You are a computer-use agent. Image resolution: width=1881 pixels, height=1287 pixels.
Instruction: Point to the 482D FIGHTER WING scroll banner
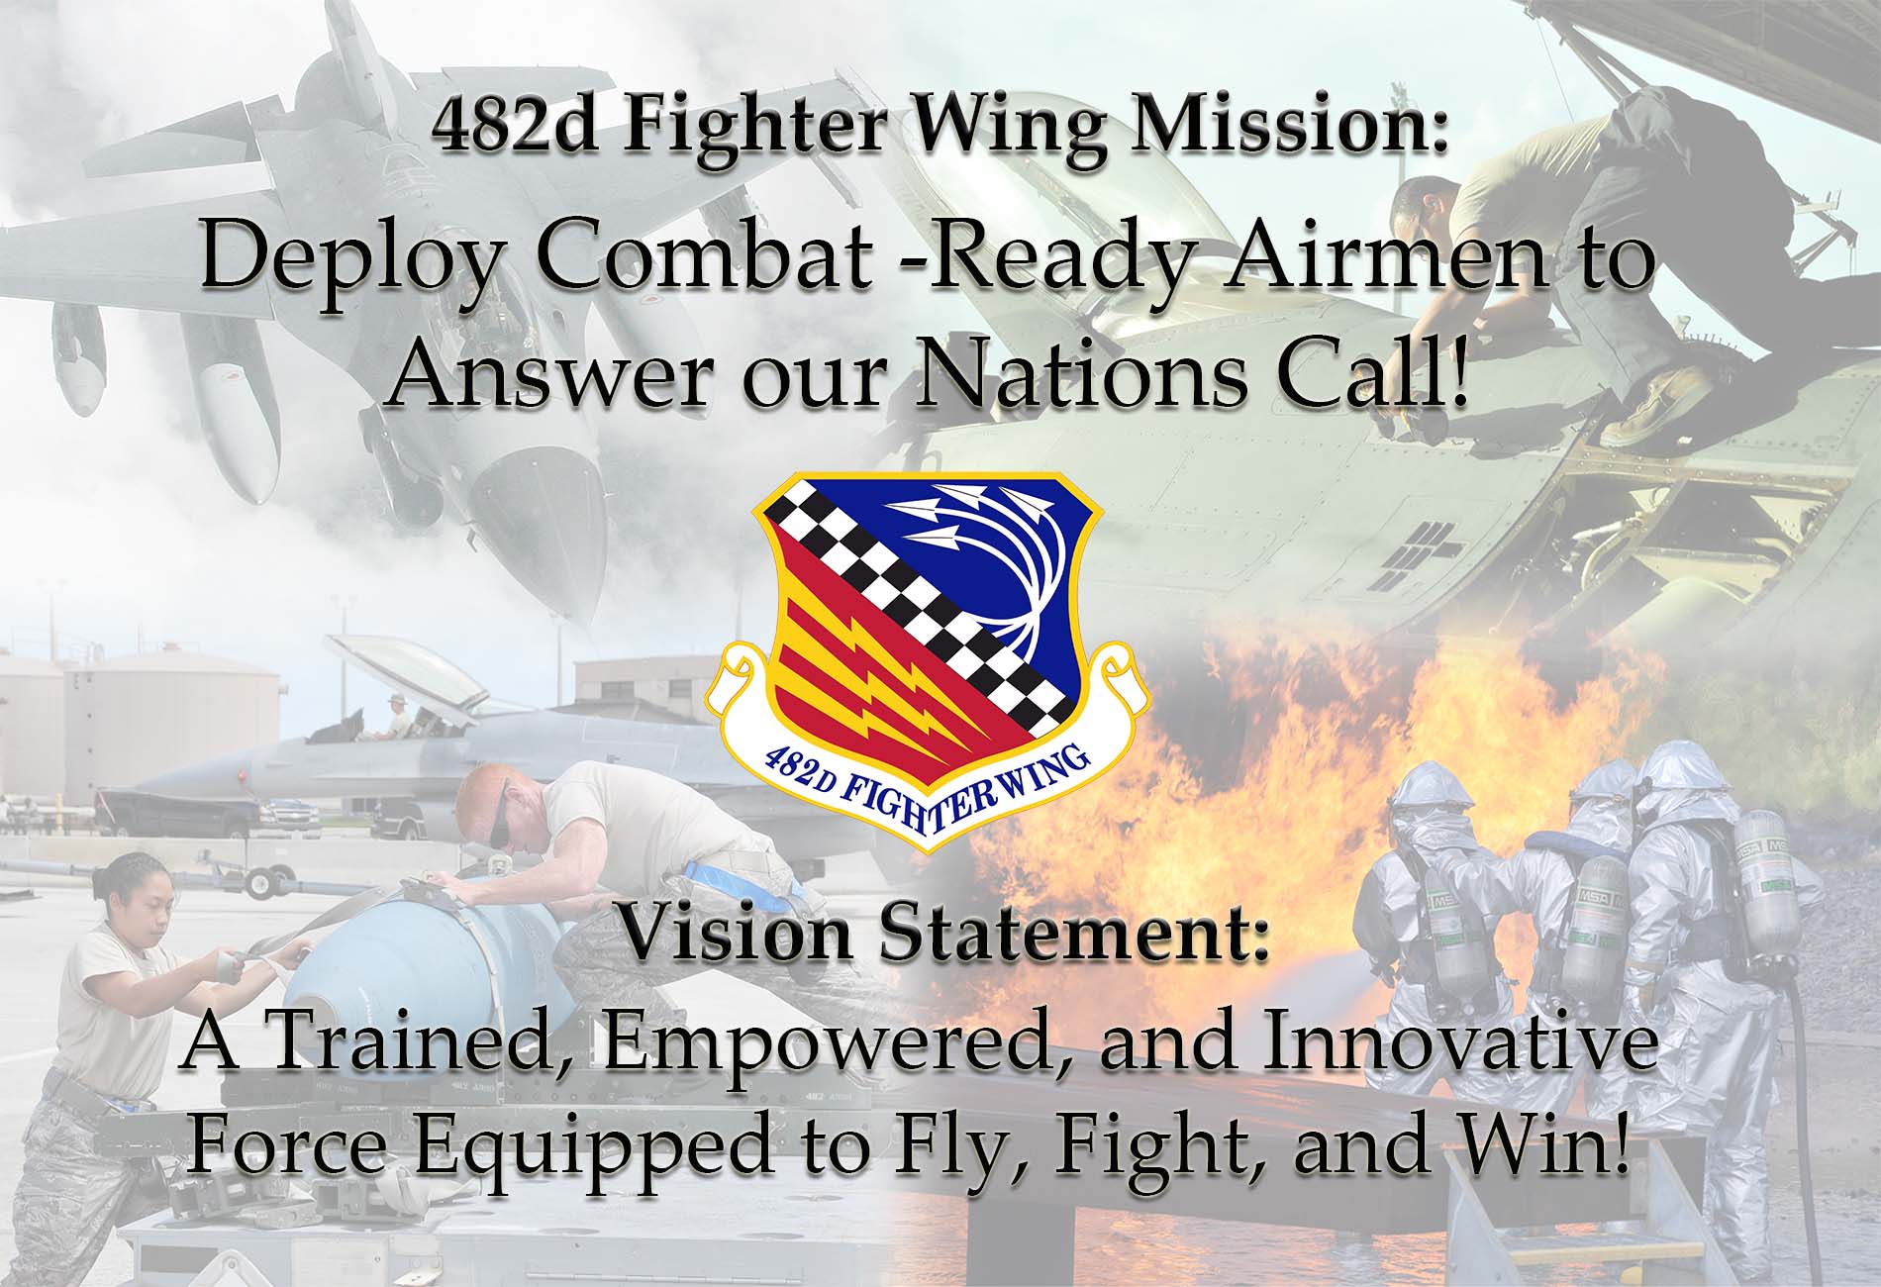925,792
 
